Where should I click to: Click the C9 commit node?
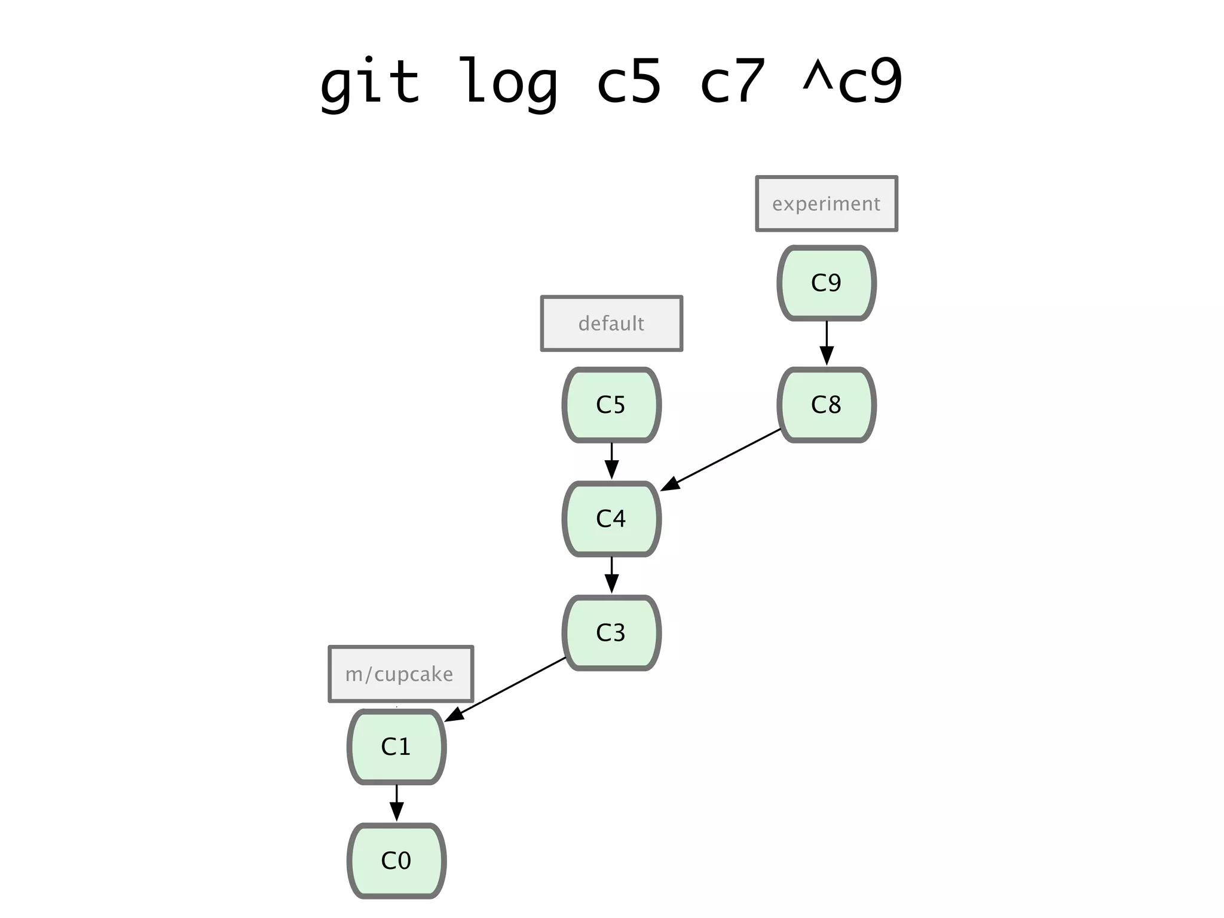pos(826,283)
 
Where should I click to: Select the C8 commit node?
pos(826,405)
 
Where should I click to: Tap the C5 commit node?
pos(611,405)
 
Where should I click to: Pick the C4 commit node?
pos(611,519)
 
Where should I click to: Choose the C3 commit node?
pos(611,633)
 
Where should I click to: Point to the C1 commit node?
pos(396,747)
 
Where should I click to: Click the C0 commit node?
pos(396,861)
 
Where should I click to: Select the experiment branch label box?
pos(826,204)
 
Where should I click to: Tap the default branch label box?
pos(611,323)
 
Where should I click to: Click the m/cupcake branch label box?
pos(400,674)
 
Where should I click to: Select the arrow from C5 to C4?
pos(611,461)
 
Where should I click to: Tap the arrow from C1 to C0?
pos(396,803)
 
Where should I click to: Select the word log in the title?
pos(508,82)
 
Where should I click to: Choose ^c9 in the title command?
pos(852,82)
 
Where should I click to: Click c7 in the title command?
pos(732,82)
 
